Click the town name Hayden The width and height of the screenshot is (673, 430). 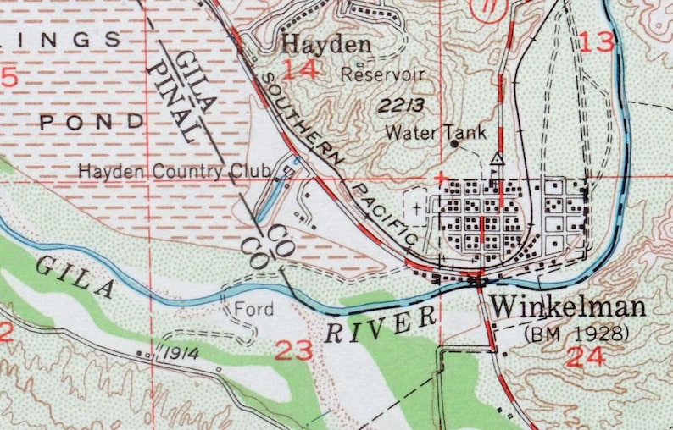tap(326, 43)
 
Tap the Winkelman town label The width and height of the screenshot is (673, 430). tap(568, 306)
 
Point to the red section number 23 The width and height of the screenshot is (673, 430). tap(294, 349)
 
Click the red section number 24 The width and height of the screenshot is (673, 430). tap(586, 356)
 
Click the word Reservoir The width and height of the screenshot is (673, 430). tap(381, 74)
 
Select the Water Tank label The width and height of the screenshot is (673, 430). tap(424, 132)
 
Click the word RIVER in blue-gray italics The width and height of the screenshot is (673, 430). tap(381, 324)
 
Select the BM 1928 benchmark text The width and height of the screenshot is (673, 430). tap(577, 334)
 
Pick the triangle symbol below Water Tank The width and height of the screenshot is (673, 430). tap(498, 158)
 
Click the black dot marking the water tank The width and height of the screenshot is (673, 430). tap(454, 145)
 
